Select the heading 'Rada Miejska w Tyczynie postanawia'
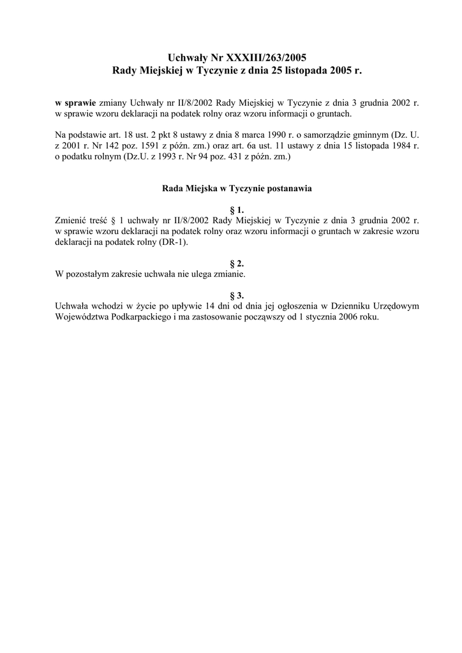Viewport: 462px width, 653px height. (231, 189)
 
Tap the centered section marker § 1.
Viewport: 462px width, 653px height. (236, 209)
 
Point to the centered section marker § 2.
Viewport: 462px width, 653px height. (236, 263)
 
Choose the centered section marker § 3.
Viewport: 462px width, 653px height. (236, 296)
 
